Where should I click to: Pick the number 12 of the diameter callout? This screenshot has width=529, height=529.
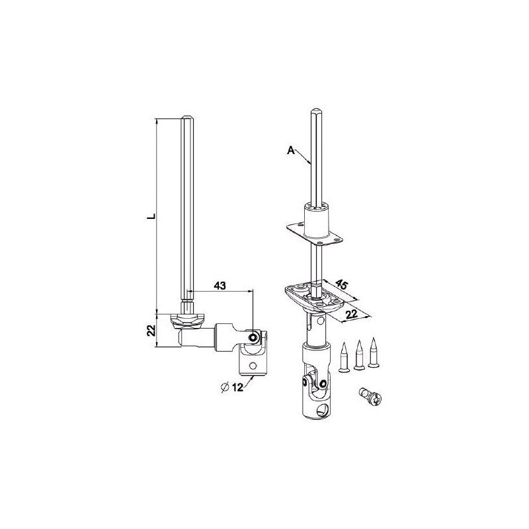(x=239, y=388)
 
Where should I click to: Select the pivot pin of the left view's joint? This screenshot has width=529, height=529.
(x=253, y=337)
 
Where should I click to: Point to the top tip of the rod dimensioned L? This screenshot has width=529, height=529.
(x=187, y=118)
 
